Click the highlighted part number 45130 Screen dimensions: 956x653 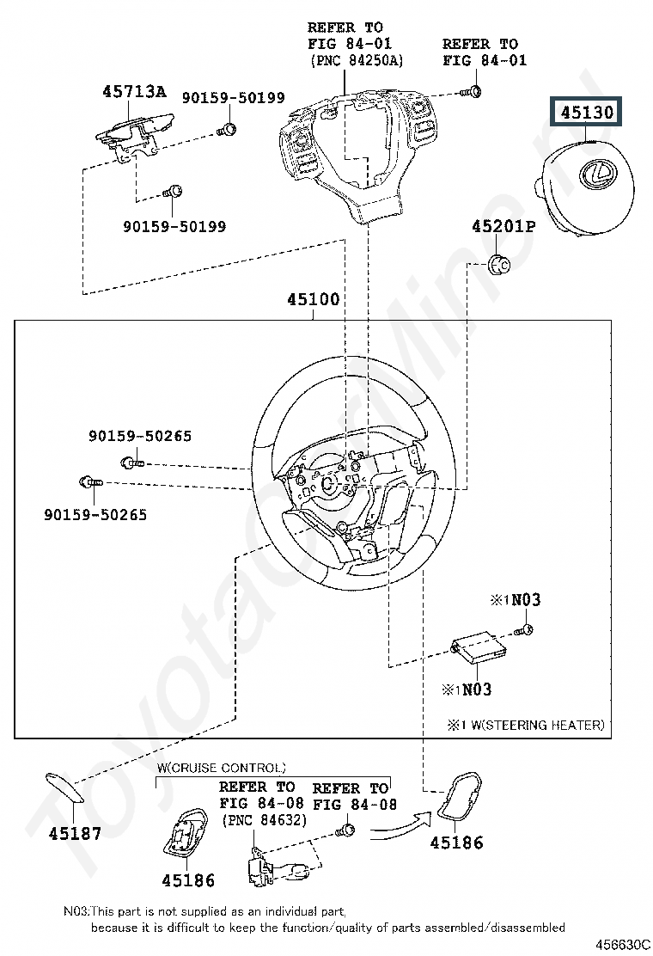pyautogui.click(x=589, y=112)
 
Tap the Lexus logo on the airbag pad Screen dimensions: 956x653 pyautogui.click(x=594, y=174)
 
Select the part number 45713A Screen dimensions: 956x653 pyautogui.click(x=135, y=91)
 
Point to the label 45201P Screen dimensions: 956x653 pyautogui.click(x=503, y=227)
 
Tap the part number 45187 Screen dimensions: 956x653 pyautogui.click(x=75, y=833)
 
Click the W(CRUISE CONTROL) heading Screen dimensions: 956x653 pyautogui.click(x=221, y=767)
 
